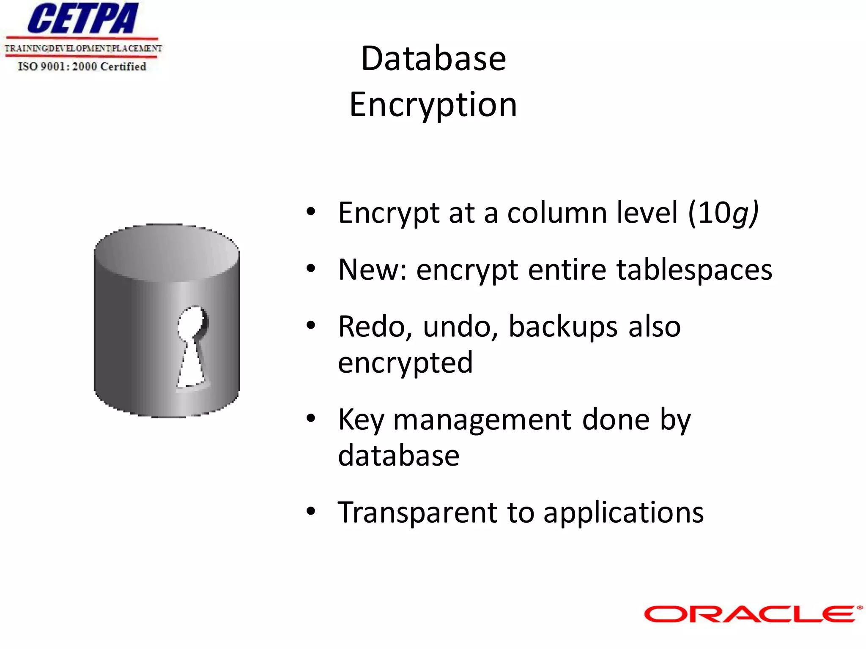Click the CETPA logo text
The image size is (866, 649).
83,19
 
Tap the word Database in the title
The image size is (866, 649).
433,58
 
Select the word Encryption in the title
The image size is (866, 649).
433,105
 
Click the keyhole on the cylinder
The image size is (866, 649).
193,346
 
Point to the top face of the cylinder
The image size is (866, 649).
167,253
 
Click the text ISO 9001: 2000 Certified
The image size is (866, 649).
82,67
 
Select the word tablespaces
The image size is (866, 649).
694,270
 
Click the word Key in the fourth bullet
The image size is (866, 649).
361,420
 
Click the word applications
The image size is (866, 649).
623,513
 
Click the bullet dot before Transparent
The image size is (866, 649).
311,511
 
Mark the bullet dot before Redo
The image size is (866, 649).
311,325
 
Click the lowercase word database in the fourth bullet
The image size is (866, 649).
398,455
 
